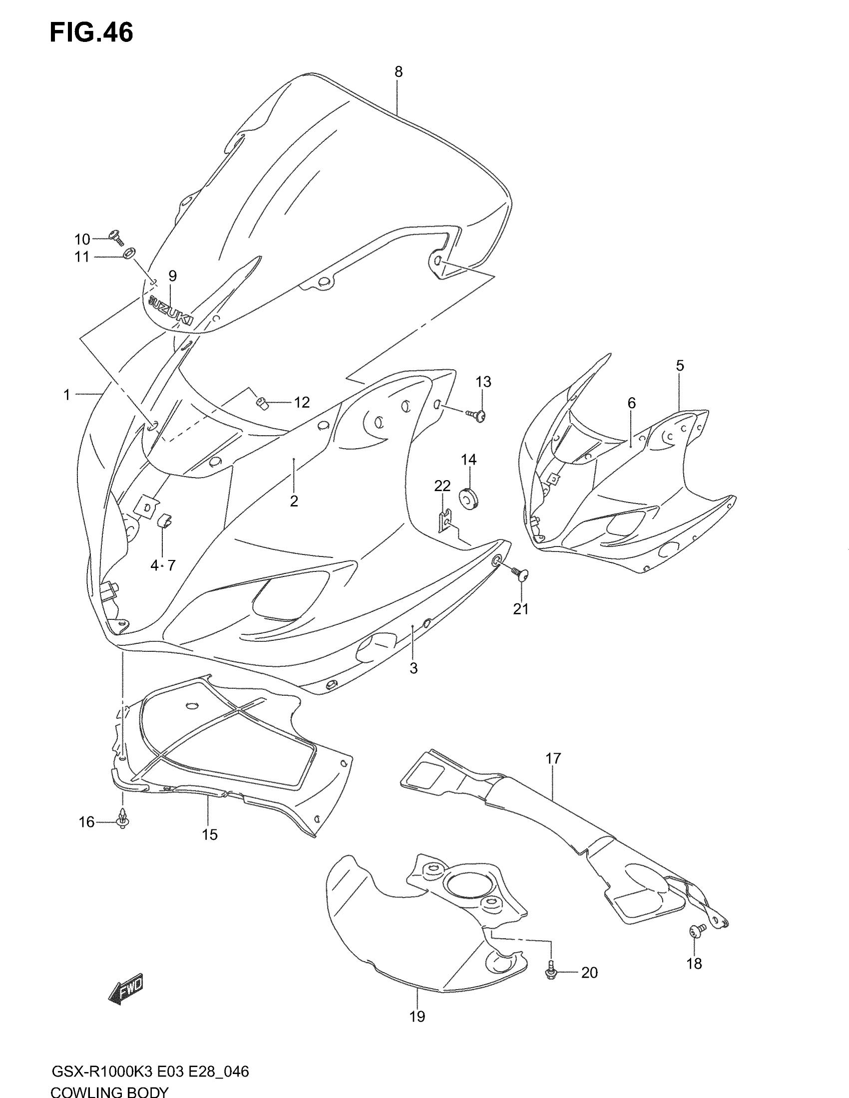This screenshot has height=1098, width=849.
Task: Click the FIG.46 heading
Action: click(x=91, y=33)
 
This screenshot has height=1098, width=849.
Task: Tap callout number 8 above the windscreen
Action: click(x=399, y=72)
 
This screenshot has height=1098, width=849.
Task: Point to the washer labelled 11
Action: click(x=129, y=253)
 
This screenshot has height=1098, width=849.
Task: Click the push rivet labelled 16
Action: click(x=122, y=819)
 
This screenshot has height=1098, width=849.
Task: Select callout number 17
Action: click(x=553, y=758)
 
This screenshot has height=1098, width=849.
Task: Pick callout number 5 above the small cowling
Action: click(x=680, y=365)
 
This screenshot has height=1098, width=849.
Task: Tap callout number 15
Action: click(x=210, y=834)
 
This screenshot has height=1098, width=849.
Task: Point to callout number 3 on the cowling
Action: click(x=414, y=669)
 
